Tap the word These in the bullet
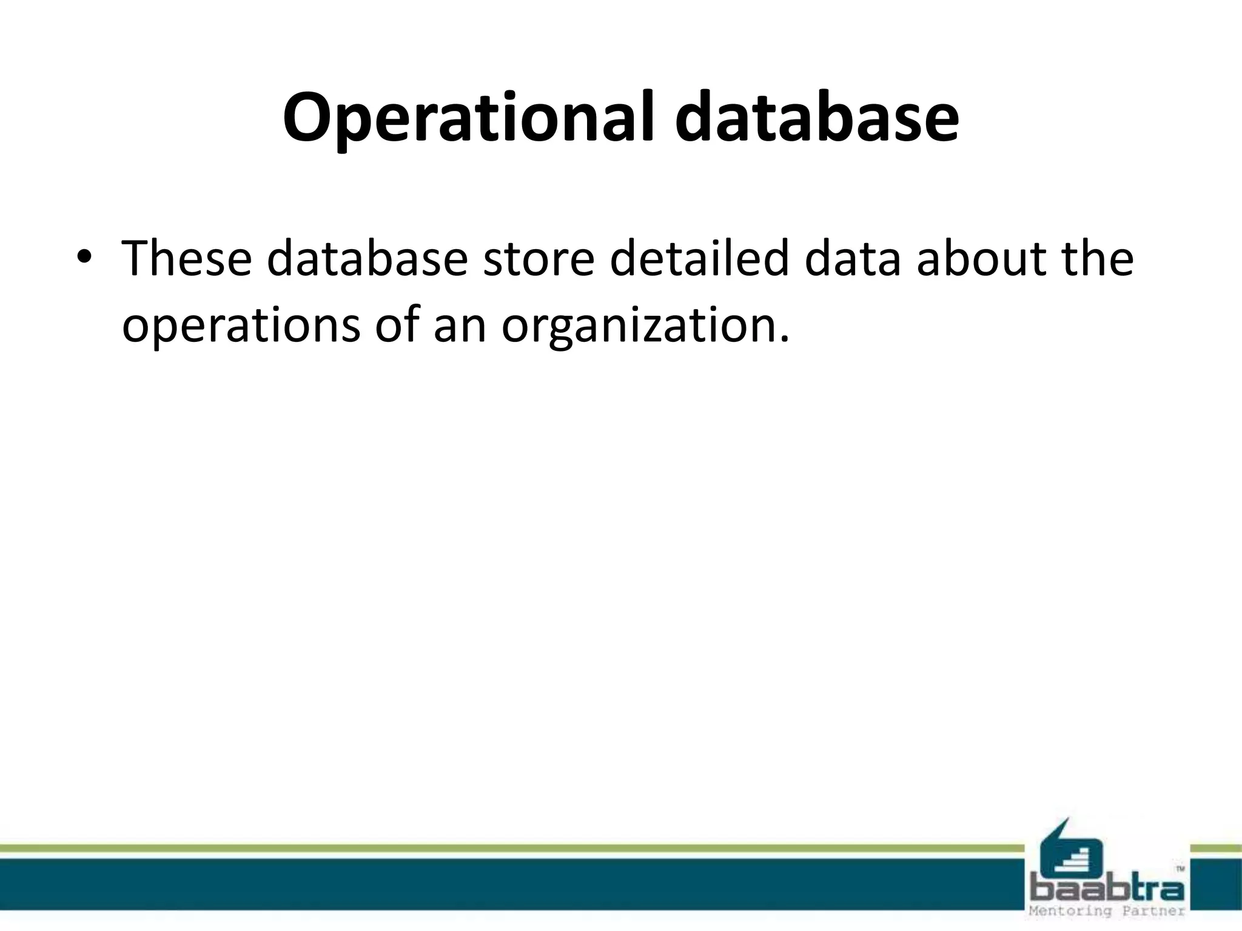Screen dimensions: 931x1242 [x=186, y=259]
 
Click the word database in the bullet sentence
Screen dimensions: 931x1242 [x=367, y=259]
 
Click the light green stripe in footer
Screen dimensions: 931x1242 [x=485, y=849]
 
